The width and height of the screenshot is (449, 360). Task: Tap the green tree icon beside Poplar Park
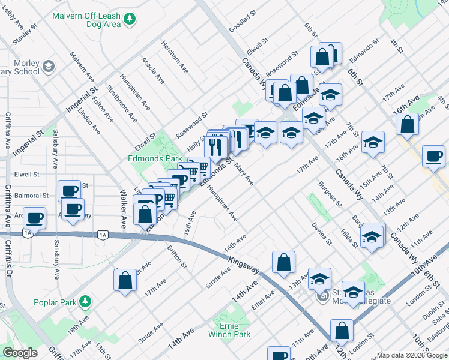click(86, 300)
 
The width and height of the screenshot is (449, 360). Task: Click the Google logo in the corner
click(20, 353)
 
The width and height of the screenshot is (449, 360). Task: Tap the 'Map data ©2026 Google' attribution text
click(412, 355)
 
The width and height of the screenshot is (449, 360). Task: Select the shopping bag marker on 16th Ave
click(408, 125)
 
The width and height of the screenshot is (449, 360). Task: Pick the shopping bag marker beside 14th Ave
click(283, 262)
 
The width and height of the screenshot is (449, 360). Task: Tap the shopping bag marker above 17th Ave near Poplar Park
click(125, 280)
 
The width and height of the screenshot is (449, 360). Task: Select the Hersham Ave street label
click(175, 58)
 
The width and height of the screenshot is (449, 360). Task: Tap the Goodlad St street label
click(243, 20)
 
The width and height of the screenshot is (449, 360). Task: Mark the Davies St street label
click(322, 233)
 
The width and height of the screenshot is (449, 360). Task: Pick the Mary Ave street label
click(244, 173)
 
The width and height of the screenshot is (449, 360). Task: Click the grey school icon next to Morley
click(49, 64)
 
